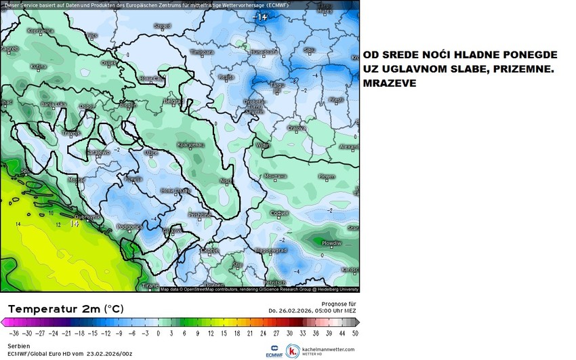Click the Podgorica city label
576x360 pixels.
pos(127,227)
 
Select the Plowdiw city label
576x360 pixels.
pos(331,242)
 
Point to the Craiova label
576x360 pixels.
pos(294,127)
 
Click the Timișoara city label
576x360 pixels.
pos(202,52)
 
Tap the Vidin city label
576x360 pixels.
pos(262,145)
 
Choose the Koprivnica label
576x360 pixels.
pos(40,31)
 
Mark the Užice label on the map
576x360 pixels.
pos(150,153)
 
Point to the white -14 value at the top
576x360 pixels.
pos(260,16)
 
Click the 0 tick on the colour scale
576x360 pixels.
pos(158,333)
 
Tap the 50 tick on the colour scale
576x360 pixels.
pos(354,333)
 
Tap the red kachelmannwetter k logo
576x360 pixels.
pos(293,351)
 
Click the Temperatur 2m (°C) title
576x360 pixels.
pos(66,308)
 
